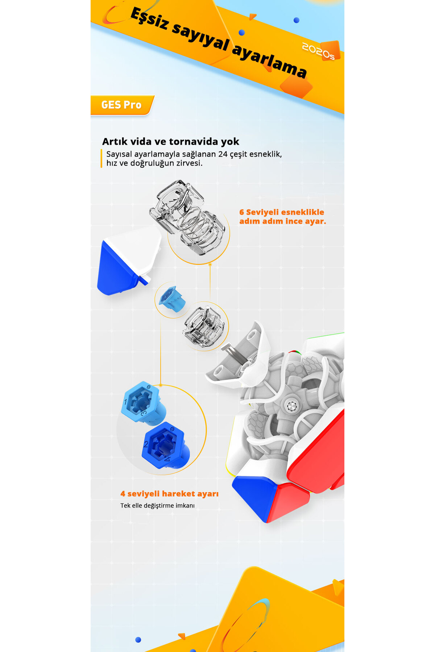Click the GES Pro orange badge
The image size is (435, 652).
coord(122,105)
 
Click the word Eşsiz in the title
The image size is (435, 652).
coord(149,19)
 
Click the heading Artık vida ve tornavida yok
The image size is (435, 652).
coord(171,141)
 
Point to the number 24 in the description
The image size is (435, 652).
coord(223,154)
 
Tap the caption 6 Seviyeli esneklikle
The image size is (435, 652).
coord(282,212)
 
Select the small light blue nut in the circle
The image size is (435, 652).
coord(173,299)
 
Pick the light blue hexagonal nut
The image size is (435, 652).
coord(143,402)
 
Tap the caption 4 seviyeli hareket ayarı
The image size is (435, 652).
coord(170,494)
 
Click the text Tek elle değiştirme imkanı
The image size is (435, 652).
coord(158,505)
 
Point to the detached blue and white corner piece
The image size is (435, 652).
coord(129,260)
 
